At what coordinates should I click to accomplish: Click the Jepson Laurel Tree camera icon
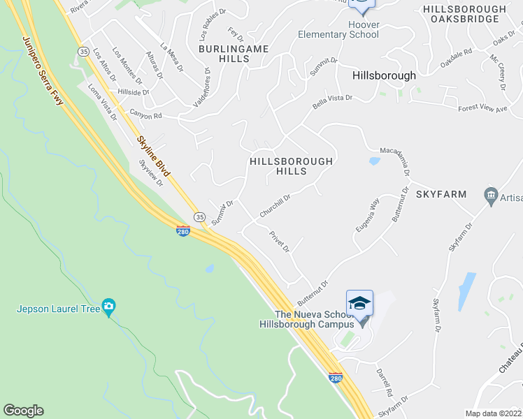click(108, 306)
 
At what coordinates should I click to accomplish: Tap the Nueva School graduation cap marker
click(359, 303)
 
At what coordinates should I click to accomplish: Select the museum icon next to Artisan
click(490, 193)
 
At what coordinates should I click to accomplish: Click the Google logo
click(23, 411)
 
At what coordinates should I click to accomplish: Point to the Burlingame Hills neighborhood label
click(224, 54)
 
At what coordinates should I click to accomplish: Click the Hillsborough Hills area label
click(291, 166)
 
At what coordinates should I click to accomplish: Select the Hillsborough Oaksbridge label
click(464, 15)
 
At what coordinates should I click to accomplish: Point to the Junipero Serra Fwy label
click(43, 72)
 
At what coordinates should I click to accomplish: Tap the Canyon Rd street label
click(145, 114)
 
